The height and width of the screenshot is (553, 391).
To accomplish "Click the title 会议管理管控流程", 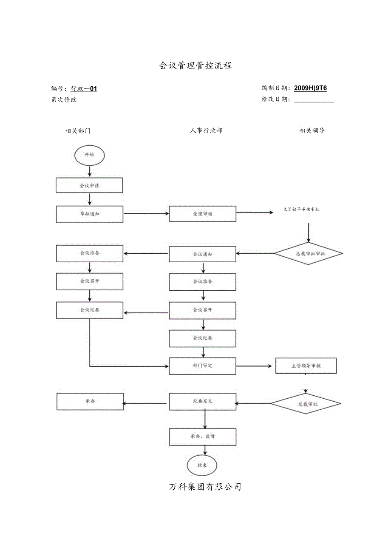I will pyautogui.click(x=195, y=65).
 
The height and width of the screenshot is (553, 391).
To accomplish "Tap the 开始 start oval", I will pyautogui.click(x=89, y=155).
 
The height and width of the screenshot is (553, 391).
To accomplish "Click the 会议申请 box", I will pyautogui.click(x=89, y=185).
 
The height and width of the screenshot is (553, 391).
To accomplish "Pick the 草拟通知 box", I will pyautogui.click(x=89, y=214).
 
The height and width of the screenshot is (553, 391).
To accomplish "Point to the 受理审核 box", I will pyautogui.click(x=202, y=214).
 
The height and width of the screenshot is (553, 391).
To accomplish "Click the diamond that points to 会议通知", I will pyautogui.click(x=308, y=254).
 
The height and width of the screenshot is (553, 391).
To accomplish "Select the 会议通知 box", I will pyautogui.click(x=202, y=254).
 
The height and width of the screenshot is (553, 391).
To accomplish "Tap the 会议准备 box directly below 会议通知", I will pyautogui.click(x=202, y=281).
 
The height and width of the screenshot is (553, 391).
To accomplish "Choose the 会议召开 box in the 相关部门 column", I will pyautogui.click(x=89, y=281).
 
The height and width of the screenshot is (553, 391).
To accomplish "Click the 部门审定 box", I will pyautogui.click(x=202, y=366).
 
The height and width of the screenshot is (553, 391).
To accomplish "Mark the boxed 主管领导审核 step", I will pyautogui.click(x=306, y=366).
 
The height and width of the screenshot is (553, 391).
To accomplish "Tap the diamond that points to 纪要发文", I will pyautogui.click(x=306, y=404).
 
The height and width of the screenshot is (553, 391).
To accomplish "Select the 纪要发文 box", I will pyautogui.click(x=202, y=401).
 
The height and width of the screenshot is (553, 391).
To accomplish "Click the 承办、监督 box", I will pyautogui.click(x=202, y=436).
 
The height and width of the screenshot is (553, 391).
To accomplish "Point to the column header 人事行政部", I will pyautogui.click(x=206, y=130).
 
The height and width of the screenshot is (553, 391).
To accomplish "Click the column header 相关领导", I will pyautogui.click(x=312, y=130).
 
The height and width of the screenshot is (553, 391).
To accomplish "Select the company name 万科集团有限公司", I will pyautogui.click(x=205, y=487).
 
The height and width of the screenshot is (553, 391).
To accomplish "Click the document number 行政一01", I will pyautogui.click(x=84, y=88).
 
